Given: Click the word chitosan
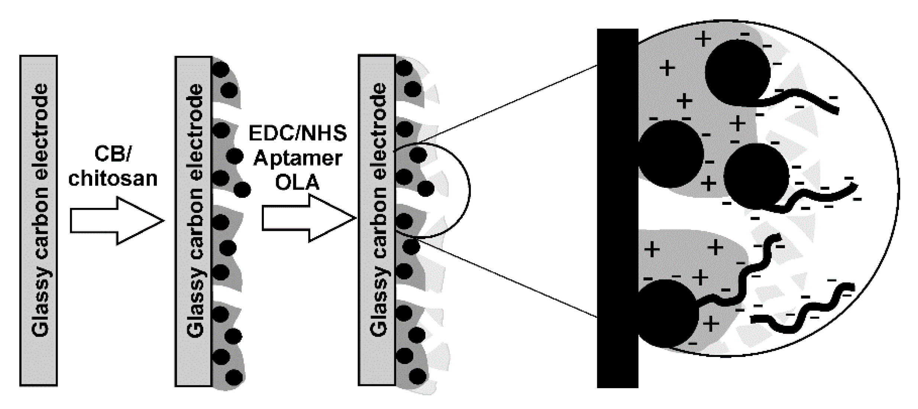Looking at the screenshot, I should coord(113,179).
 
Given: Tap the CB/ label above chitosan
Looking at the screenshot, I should coord(112,154).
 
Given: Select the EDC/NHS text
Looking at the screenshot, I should coord(298,133).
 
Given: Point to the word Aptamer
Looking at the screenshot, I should coord(298,158).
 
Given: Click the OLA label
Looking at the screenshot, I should coord(297,182).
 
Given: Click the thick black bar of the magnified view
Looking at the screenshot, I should coord(617,208).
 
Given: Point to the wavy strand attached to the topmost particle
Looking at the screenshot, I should coord(803,100).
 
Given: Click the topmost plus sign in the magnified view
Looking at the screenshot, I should coord(703,39).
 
